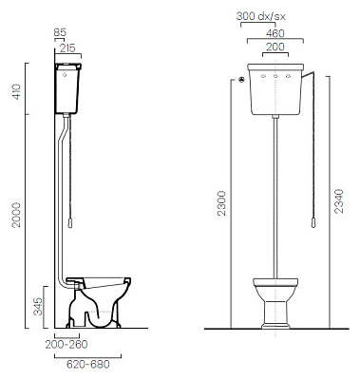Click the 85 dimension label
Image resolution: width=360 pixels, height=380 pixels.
[x=60, y=32]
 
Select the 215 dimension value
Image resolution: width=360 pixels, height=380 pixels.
[x=68, y=48]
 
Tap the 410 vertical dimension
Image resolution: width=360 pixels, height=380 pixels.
[x=16, y=91]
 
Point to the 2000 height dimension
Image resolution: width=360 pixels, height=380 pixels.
[x=16, y=215]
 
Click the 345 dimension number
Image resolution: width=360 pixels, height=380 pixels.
[x=38, y=306]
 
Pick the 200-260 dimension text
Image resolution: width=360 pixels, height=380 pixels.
[x=66, y=344]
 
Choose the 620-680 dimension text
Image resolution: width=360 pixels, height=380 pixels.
[x=88, y=364]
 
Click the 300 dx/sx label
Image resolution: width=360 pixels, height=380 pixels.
[x=260, y=16]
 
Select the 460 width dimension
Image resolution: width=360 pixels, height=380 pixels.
[x=275, y=33]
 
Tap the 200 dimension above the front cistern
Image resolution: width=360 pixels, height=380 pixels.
[x=275, y=47]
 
